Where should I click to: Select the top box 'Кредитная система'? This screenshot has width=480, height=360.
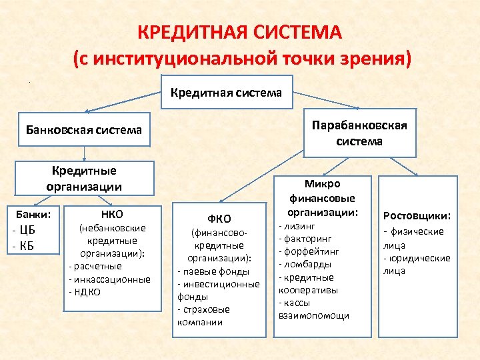click(227, 93)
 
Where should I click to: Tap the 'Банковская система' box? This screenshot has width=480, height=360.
click(84, 130)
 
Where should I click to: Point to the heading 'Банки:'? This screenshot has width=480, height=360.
click(33, 215)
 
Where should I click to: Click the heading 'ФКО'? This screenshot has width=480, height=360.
click(219, 219)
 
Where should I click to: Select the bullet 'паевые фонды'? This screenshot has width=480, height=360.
click(213, 271)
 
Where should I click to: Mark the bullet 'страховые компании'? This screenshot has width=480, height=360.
click(203, 316)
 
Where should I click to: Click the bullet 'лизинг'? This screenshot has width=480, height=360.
click(294, 227)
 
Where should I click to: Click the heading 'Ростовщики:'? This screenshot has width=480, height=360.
click(417, 215)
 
